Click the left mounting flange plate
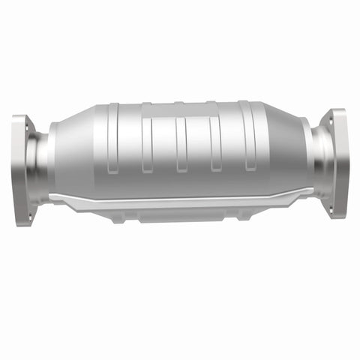tap(20, 169)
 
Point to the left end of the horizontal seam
tap(52, 198)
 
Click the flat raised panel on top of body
tap(180, 110)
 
